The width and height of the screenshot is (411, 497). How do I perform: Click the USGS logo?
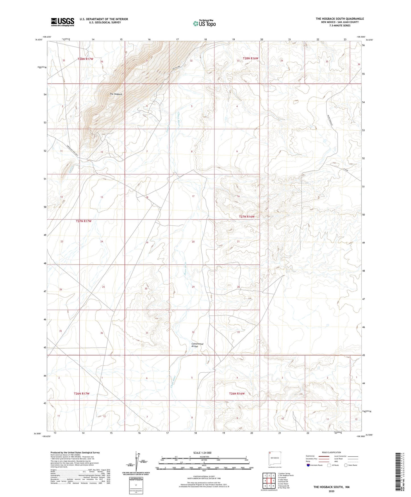(x=63, y=22)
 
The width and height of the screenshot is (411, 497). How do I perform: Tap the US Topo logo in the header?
(x=204, y=23)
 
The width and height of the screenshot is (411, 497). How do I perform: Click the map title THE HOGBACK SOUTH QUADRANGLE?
(x=340, y=19)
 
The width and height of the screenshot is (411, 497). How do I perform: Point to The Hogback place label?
(x=116, y=94)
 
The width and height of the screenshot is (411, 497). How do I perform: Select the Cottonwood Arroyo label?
(x=197, y=345)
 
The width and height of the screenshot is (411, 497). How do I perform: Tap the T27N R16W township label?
(x=247, y=217)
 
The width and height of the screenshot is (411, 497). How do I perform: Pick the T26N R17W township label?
(x=82, y=394)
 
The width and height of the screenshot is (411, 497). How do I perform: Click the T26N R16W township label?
(x=237, y=394)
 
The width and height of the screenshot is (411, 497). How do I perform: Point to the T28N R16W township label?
(x=250, y=58)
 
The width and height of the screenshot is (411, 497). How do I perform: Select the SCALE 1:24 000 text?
(x=202, y=453)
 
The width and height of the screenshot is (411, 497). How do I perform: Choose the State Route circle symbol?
(x=346, y=465)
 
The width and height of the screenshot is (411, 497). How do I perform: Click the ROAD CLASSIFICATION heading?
(x=331, y=452)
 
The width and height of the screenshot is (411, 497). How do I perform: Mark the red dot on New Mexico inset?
(x=270, y=453)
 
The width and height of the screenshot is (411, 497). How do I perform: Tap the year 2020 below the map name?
(x=331, y=491)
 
